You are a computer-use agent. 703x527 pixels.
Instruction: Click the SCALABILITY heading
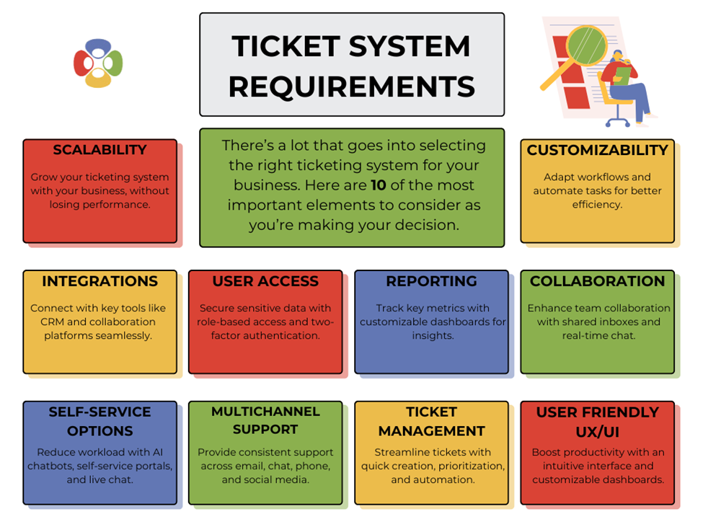pos(100,150)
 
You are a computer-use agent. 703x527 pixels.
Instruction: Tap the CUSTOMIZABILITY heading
pos(597,150)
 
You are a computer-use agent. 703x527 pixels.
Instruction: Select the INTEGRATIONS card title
pos(100,281)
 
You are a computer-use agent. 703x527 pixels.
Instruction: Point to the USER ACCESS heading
pos(265,281)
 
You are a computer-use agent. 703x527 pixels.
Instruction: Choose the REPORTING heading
pos(431,281)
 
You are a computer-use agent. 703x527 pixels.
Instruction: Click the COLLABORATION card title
pos(597,281)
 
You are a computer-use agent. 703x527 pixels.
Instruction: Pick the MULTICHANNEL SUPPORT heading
pos(265,420)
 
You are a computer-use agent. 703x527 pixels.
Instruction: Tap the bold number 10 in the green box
pos(379,185)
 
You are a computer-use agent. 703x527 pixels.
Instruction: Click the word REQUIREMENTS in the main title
pos(352,87)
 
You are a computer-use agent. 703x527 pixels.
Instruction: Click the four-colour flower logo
pos(98,63)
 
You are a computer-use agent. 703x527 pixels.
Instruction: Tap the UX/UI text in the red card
pos(597,431)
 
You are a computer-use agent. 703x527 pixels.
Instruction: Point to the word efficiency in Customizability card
pos(597,204)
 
